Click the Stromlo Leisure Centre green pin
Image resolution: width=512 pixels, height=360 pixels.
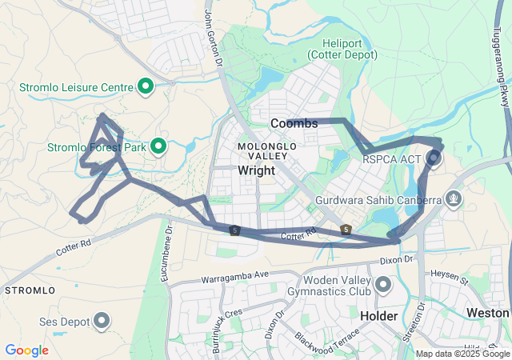[146, 86]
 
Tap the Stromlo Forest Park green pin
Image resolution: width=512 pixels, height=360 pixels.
[158, 146]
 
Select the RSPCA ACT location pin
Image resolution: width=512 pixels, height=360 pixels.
[434, 158]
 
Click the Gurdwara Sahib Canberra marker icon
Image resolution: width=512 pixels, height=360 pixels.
[454, 197]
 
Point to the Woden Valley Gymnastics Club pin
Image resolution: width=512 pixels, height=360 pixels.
[383, 285]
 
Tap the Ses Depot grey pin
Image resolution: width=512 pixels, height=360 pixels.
[102, 322]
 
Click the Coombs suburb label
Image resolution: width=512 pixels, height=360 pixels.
[294, 123]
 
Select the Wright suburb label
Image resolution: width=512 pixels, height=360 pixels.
[256, 170]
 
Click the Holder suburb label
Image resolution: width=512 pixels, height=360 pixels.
[379, 316]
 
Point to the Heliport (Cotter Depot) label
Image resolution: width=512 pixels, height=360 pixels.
[343, 49]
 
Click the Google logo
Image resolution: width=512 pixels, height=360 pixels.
[26, 350]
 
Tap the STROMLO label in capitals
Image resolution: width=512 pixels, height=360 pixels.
[30, 289]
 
